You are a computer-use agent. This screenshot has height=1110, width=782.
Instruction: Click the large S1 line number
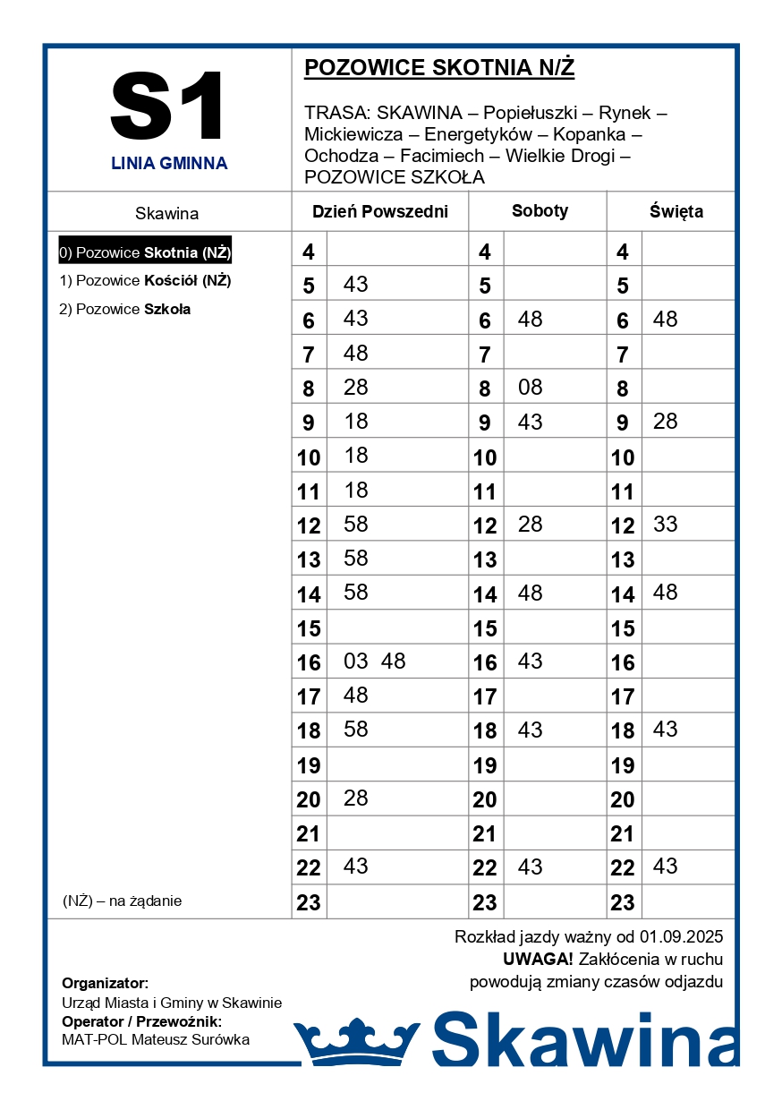168,107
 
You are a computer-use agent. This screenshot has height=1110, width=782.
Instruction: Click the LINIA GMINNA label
169,164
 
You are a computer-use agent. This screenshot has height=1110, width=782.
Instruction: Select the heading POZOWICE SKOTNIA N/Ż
438,68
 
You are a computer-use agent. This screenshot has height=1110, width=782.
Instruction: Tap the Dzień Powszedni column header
379,212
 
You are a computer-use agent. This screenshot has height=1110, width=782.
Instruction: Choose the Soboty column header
540,211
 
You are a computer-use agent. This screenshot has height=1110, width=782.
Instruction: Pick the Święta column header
676,212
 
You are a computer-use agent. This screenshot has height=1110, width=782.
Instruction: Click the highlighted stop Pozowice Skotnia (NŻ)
145,252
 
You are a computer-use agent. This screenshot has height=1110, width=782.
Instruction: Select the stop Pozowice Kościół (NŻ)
145,281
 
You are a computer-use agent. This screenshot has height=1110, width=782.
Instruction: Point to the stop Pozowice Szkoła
124,310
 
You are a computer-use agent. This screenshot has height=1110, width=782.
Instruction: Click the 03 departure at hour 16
355,662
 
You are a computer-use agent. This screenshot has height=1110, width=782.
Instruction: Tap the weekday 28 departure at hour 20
355,798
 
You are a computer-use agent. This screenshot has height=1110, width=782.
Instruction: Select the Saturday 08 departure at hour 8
530,388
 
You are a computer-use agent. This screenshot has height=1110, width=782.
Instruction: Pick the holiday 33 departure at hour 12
665,525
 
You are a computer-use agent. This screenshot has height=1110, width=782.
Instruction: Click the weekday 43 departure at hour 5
355,285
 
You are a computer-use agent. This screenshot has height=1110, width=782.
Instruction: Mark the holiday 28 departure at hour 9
665,422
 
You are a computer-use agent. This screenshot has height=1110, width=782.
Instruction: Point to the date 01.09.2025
681,937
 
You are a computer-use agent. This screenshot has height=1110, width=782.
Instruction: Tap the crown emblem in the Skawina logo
356,1041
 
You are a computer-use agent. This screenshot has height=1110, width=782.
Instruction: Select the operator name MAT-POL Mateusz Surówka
156,1039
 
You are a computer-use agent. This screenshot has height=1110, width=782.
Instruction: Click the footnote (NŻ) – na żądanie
122,901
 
